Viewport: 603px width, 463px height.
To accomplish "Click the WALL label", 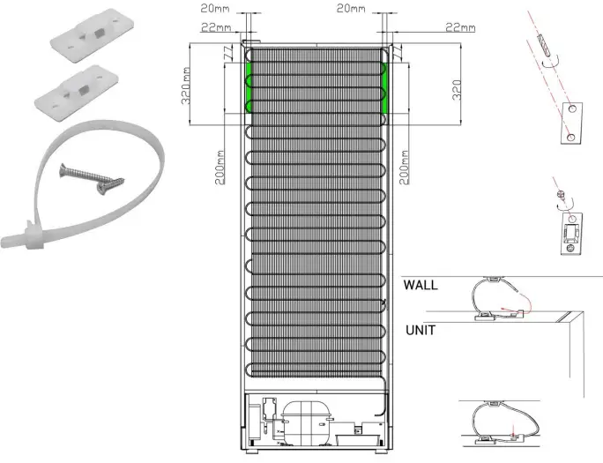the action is click(x=421, y=285).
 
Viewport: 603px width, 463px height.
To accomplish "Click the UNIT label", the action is click(x=421, y=331).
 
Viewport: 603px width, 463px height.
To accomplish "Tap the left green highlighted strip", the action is click(x=249, y=87).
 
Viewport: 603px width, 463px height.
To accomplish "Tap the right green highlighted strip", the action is click(x=384, y=87).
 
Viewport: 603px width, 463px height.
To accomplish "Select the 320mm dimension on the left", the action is click(x=186, y=86).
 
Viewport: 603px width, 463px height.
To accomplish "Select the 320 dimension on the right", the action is click(x=457, y=90).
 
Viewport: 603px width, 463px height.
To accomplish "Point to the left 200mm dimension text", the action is click(x=220, y=168).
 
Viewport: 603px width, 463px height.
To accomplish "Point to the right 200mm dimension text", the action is click(x=404, y=168).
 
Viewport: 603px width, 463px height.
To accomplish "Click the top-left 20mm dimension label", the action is click(x=215, y=8).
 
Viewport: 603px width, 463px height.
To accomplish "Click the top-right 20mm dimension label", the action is click(x=351, y=8).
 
